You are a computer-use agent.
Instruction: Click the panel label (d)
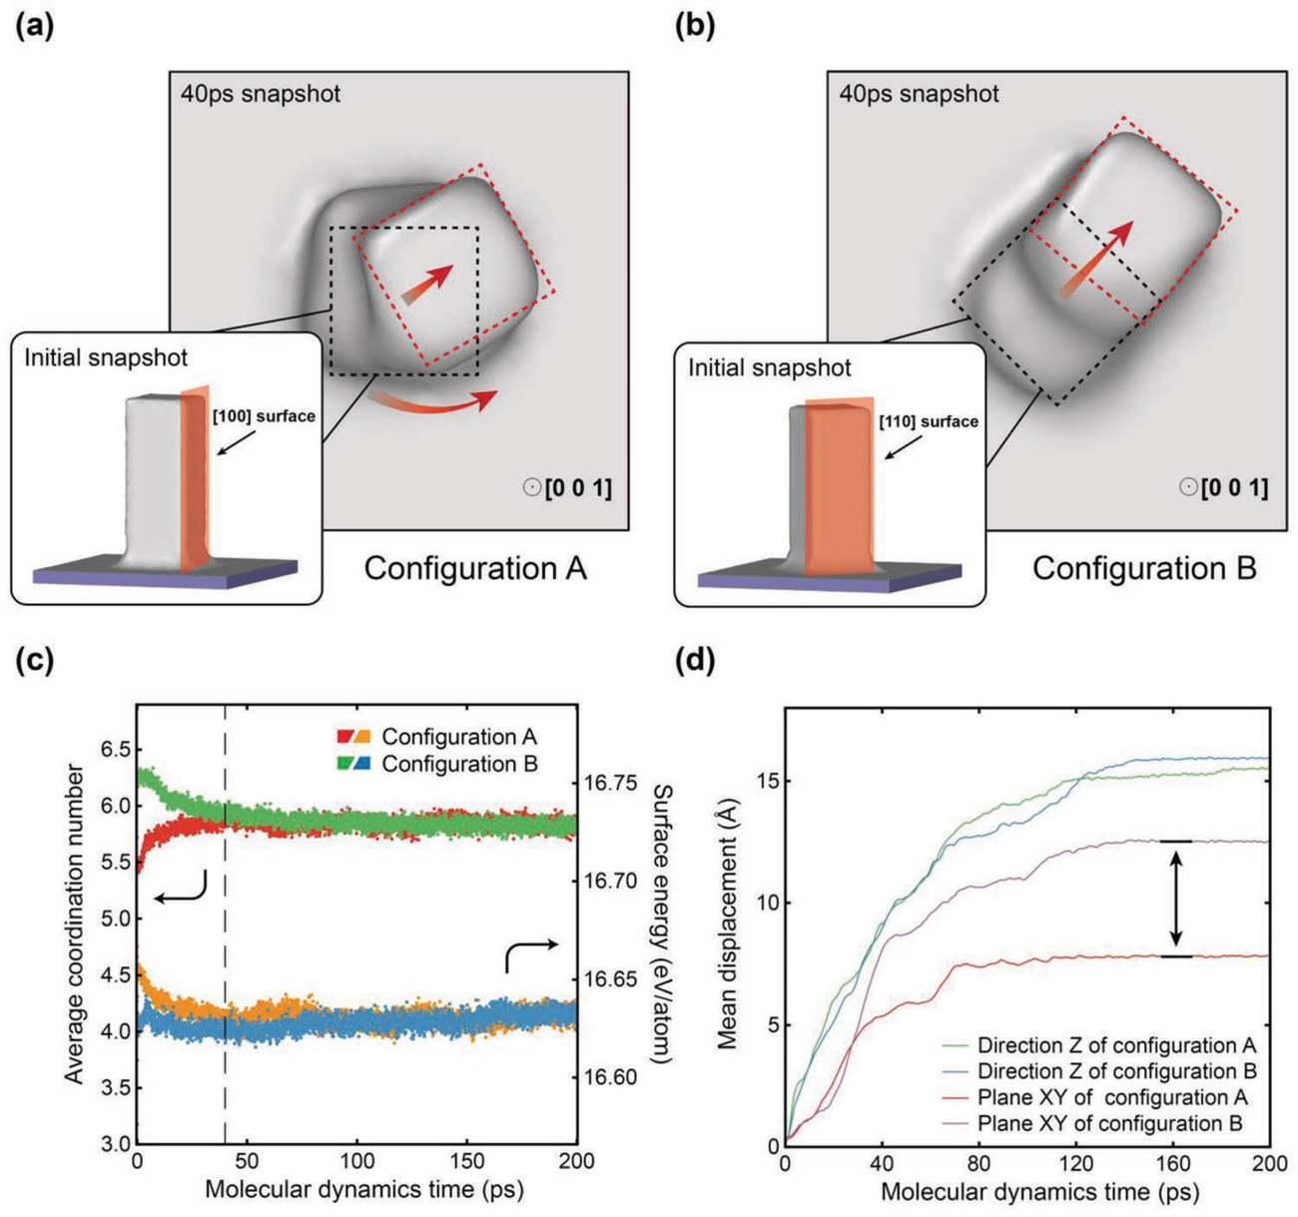point(695,661)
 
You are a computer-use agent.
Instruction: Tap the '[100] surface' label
point(264,416)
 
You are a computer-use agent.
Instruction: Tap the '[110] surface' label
point(929,421)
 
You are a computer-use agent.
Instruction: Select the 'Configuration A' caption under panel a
point(475,569)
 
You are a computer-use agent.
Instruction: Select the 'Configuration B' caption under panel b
point(1144,569)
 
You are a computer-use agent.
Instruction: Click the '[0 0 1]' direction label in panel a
point(578,488)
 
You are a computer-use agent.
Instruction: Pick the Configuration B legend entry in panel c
point(437,764)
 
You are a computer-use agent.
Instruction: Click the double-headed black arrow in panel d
point(1176,899)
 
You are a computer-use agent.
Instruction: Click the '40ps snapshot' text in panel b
point(919,94)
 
